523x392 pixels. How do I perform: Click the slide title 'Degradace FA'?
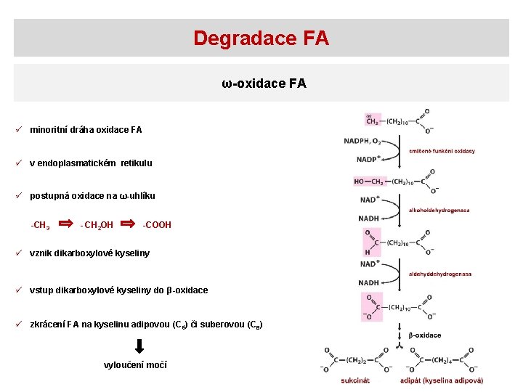point(261,38)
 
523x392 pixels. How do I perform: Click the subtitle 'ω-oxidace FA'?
point(264,83)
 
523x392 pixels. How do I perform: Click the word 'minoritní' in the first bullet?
point(48,130)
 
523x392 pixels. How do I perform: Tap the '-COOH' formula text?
point(157,225)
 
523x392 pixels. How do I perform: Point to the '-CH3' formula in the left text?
point(40,226)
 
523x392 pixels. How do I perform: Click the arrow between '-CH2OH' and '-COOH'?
point(129,224)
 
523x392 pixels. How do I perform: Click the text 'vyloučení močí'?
point(136,365)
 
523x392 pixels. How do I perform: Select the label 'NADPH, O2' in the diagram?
point(362,141)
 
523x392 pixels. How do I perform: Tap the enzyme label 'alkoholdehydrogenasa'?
point(439,211)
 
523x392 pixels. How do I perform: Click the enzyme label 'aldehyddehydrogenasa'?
point(440,274)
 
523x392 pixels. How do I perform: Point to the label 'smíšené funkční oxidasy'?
point(442,151)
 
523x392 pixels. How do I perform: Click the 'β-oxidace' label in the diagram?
point(425,335)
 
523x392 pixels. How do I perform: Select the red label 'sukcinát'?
point(355,380)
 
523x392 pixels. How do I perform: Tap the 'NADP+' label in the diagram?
point(368,159)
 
